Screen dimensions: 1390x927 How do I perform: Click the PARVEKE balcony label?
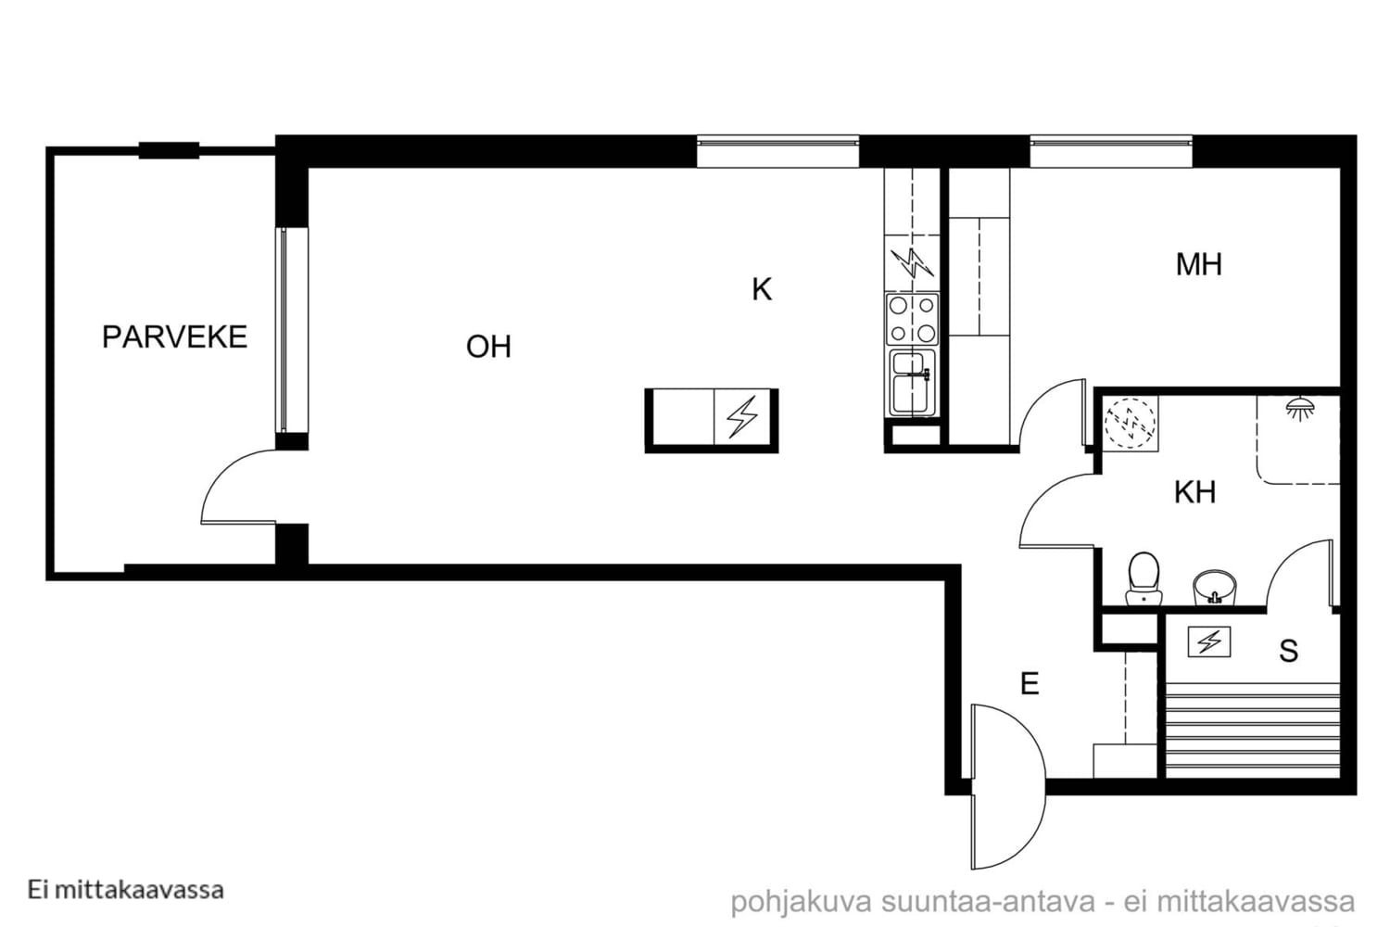174,337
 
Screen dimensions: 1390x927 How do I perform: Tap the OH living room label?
488,347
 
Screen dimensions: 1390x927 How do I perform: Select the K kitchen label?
762,289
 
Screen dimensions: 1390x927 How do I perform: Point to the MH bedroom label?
1198,264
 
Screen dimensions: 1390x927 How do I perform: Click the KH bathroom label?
1194,492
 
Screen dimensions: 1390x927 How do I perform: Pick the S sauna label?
1288,652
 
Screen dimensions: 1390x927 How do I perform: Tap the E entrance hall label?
1030,684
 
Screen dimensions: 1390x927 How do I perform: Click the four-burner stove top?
912,319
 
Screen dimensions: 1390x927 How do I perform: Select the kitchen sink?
912,383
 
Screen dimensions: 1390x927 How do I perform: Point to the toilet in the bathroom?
1144,578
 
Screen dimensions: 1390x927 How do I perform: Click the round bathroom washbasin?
1214,588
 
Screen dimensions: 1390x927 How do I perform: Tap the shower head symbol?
1300,409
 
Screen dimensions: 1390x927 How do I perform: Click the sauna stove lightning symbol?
1208,642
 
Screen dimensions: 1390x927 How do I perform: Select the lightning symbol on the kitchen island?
742,416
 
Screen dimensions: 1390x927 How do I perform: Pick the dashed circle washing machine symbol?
1130,423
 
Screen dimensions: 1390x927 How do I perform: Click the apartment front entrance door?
1008,786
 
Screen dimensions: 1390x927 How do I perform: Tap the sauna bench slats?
1252,730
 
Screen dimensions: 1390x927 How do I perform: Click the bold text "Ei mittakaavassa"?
125,890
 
